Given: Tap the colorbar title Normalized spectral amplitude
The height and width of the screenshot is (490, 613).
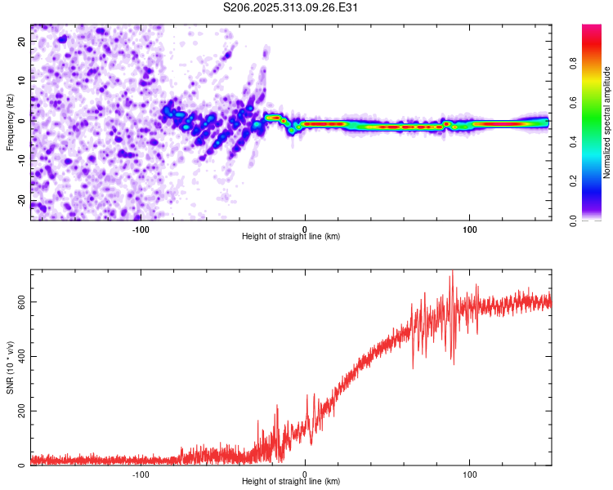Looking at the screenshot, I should pos(606,122).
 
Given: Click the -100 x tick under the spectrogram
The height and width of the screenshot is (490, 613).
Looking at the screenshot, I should pos(140,228).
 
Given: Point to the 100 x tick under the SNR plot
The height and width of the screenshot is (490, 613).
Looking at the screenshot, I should pos(470,474).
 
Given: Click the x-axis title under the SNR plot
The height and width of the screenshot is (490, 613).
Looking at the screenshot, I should pos(291,482).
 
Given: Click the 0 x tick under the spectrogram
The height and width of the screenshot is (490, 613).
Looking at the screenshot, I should pos(305,228).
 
